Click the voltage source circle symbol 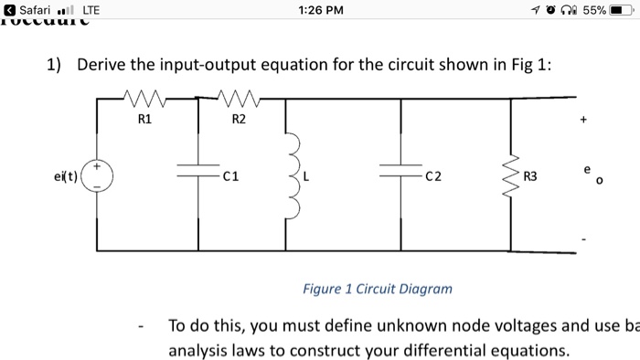tap(98, 174)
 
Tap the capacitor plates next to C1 tap(198, 172)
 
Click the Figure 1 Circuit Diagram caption tap(378, 289)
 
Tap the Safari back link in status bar tap(33, 10)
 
